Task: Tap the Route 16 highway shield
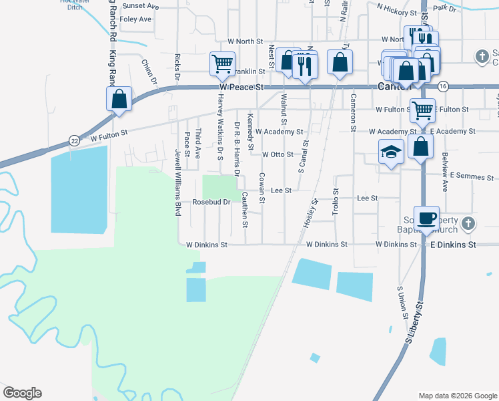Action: tap(443, 86)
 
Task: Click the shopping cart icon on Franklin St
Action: tap(222, 63)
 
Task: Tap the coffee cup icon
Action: tap(426, 217)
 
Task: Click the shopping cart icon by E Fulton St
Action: tap(422, 110)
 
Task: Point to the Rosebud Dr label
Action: tap(211, 201)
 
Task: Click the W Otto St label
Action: tap(278, 154)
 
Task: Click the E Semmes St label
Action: tap(471, 177)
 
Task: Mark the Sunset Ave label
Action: tap(140, 6)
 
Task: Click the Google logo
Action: tap(22, 393)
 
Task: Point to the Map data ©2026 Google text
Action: tap(457, 396)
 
